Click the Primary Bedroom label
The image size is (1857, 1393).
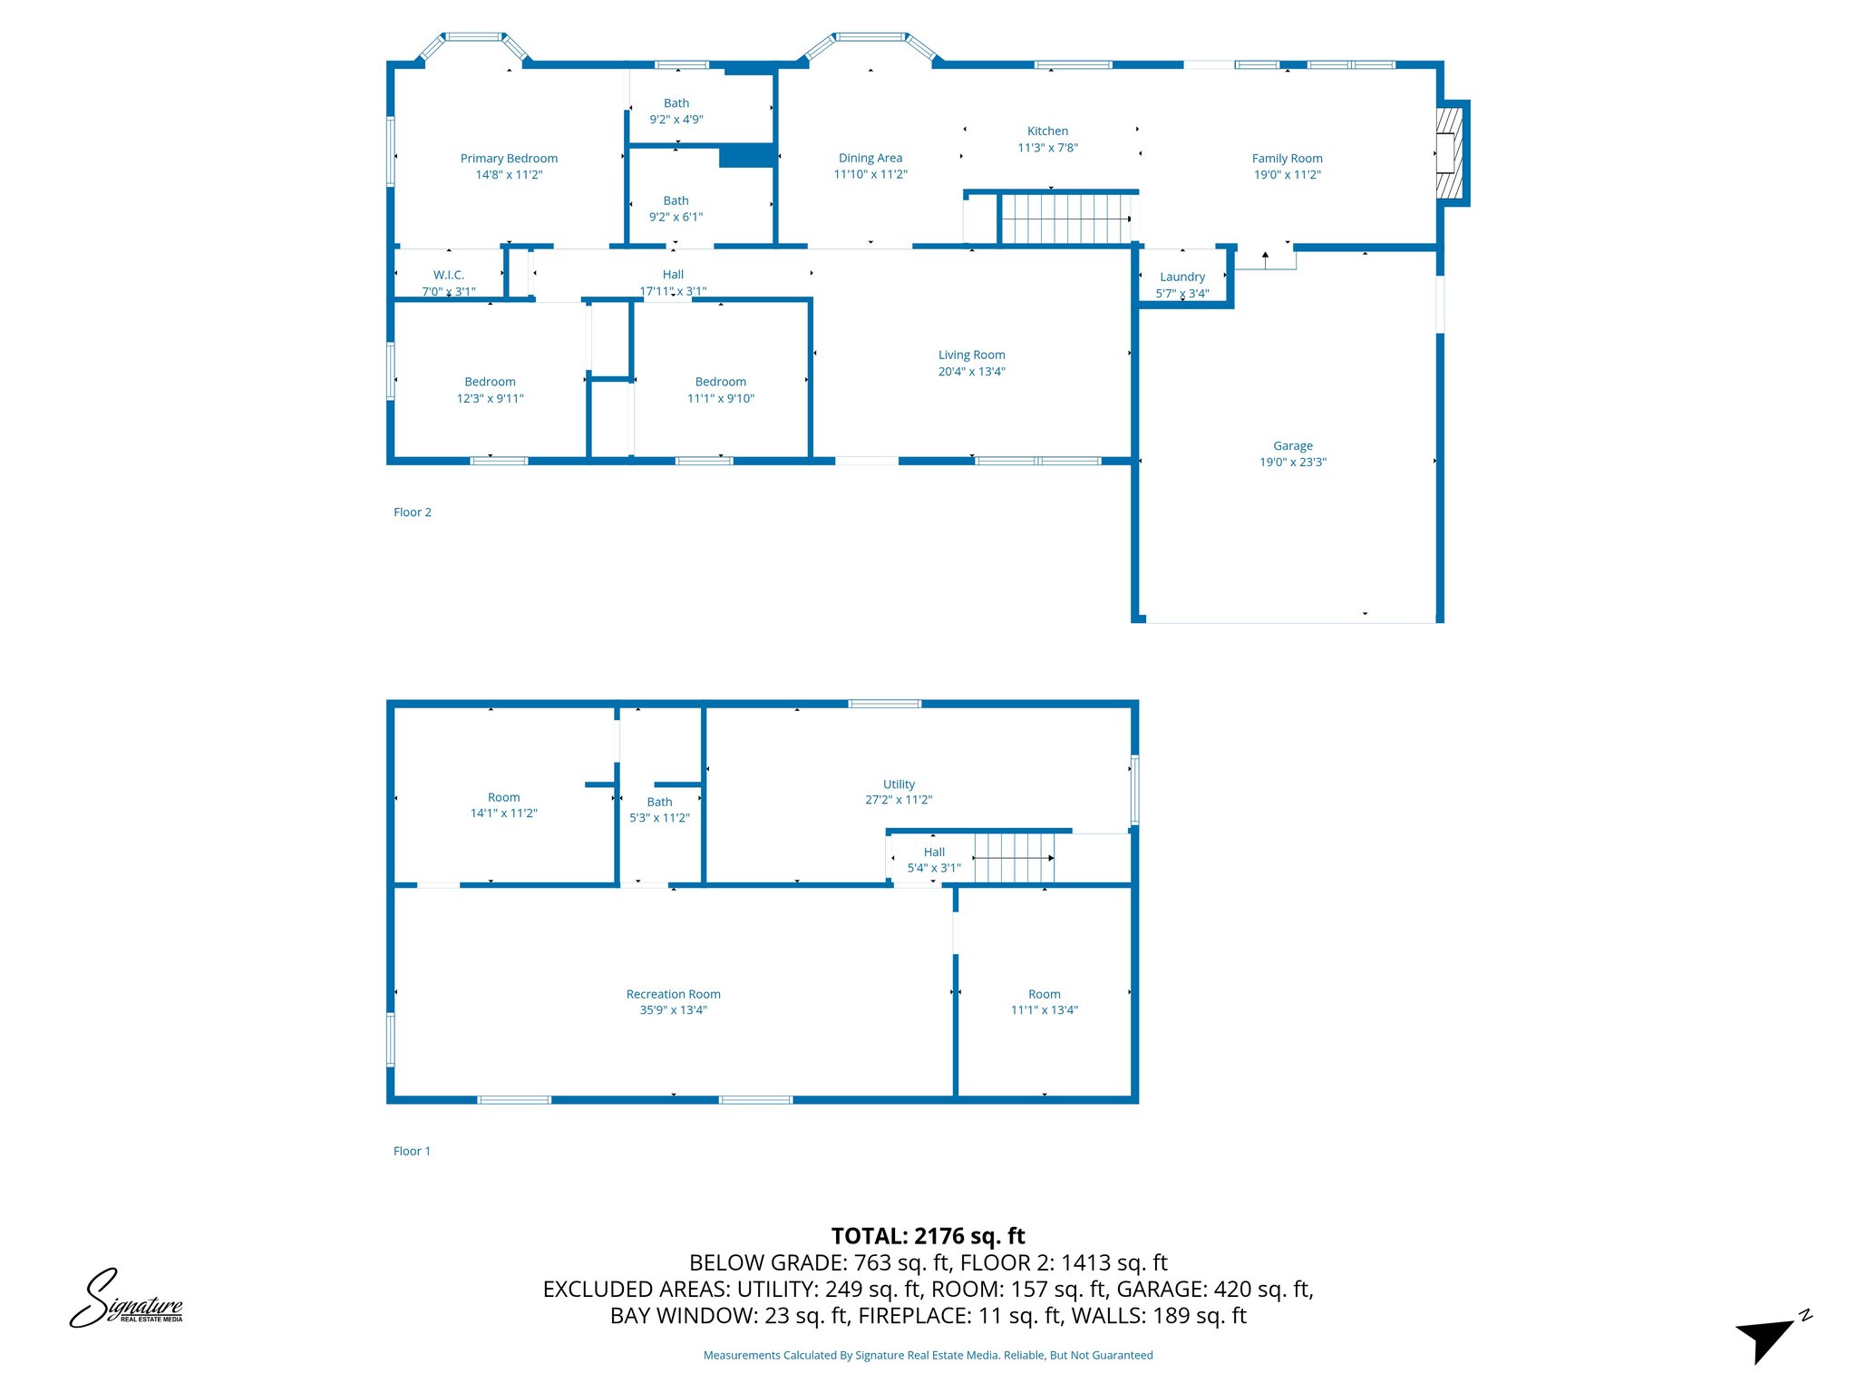509,159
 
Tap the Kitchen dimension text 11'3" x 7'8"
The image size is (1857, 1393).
1047,148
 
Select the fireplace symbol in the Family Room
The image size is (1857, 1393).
1449,153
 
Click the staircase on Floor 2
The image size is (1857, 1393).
1066,219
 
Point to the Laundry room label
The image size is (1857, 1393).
1182,277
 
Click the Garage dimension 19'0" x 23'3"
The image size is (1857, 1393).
1292,463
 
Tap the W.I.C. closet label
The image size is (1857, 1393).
448,275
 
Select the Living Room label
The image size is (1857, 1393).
971,355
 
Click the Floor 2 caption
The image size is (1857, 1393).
412,512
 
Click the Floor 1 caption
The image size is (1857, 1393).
412,1151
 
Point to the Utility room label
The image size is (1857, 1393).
899,784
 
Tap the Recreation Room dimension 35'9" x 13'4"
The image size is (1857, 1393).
673,1010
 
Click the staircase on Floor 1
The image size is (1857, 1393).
1014,858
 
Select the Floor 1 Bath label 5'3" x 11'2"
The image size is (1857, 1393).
659,803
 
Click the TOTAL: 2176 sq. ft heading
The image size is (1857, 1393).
928,1236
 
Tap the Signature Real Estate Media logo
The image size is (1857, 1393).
127,1299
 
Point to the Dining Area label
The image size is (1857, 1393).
870,158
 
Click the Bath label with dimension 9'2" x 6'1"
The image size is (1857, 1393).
676,201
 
